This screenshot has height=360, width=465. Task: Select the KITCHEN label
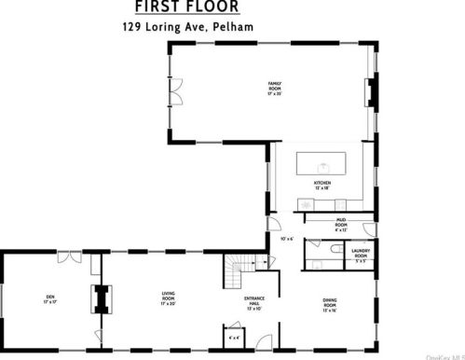pyautogui.click(x=322, y=186)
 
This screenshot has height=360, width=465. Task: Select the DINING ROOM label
pyautogui.click(x=329, y=303)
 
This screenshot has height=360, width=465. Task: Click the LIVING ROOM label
pyautogui.click(x=169, y=301)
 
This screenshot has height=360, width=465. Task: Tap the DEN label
pyautogui.click(x=49, y=299)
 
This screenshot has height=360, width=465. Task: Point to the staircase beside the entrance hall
pyautogui.click(x=236, y=274)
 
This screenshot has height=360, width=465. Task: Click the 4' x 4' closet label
pyautogui.click(x=232, y=336)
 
